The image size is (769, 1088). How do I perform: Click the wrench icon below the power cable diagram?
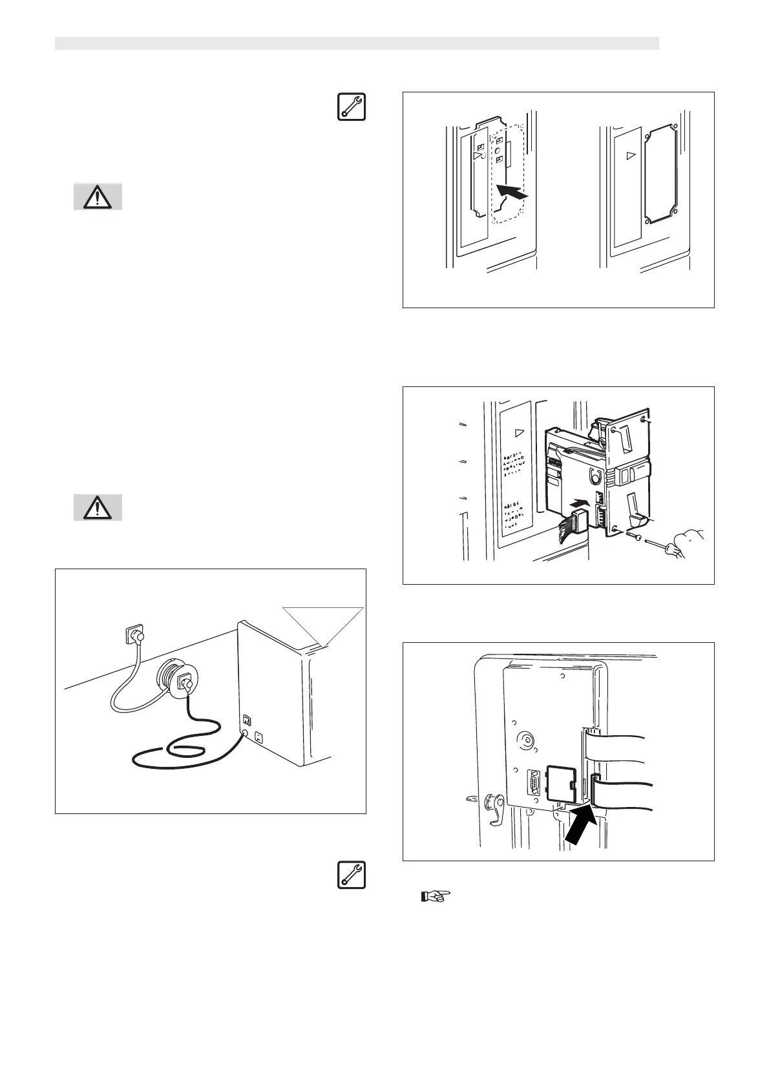point(351,874)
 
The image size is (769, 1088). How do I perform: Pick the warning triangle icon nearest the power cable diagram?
point(97,508)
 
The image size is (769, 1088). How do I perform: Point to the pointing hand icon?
point(436,897)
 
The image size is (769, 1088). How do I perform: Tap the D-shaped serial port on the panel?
point(534,784)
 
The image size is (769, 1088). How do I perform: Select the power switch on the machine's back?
point(247,719)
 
